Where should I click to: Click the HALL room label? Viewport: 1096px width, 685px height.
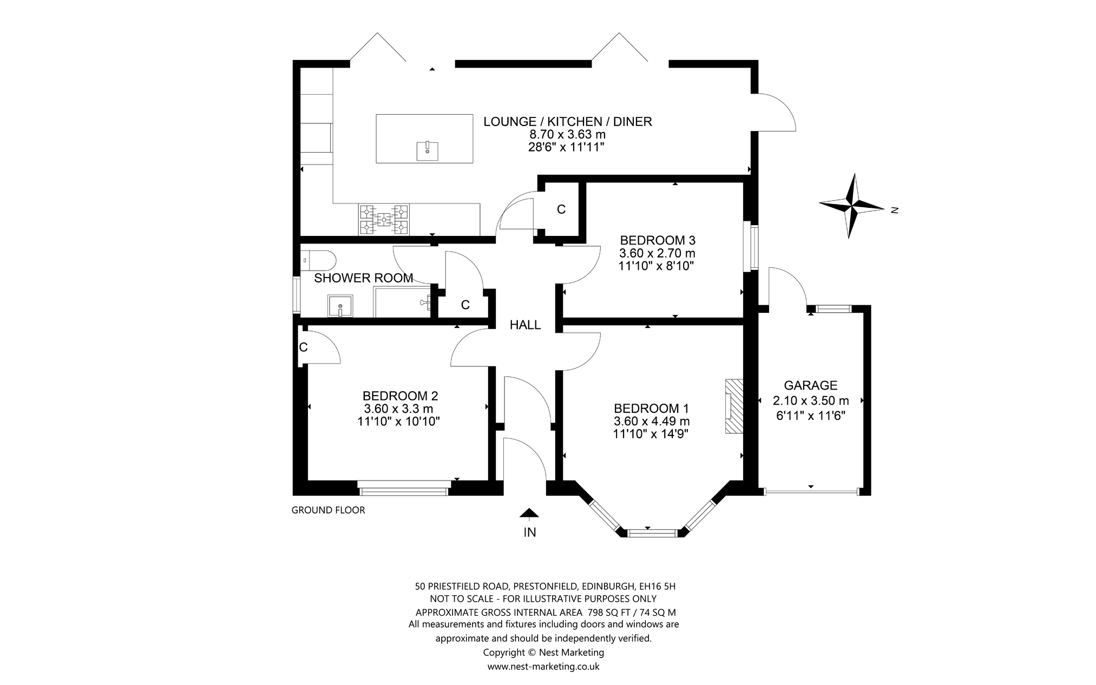525,325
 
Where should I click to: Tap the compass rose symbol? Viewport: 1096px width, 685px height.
852,206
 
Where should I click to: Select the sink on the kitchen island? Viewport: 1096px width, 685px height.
427,151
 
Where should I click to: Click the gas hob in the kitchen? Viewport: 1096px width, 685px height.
384,219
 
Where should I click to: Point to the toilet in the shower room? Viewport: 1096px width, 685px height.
318,260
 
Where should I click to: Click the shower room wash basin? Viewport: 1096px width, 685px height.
340,306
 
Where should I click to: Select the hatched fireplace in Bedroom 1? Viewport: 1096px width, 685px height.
734,406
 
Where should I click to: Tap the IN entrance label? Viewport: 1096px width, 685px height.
529,532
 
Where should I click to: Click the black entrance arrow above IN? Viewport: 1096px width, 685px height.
529,513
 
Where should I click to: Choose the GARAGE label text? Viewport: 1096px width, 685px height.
810,385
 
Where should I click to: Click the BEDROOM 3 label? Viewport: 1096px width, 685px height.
657,240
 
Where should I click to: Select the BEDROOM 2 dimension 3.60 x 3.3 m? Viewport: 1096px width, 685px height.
399,409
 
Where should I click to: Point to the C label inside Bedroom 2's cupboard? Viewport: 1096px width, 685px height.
303,347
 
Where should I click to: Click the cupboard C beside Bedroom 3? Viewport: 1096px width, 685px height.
561,209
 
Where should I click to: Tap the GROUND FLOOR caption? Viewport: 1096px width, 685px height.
328,510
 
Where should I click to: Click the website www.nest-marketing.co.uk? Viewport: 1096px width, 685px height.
543,667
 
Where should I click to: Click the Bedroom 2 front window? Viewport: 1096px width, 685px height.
403,491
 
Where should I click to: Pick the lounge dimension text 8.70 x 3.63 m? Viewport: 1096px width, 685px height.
567,134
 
